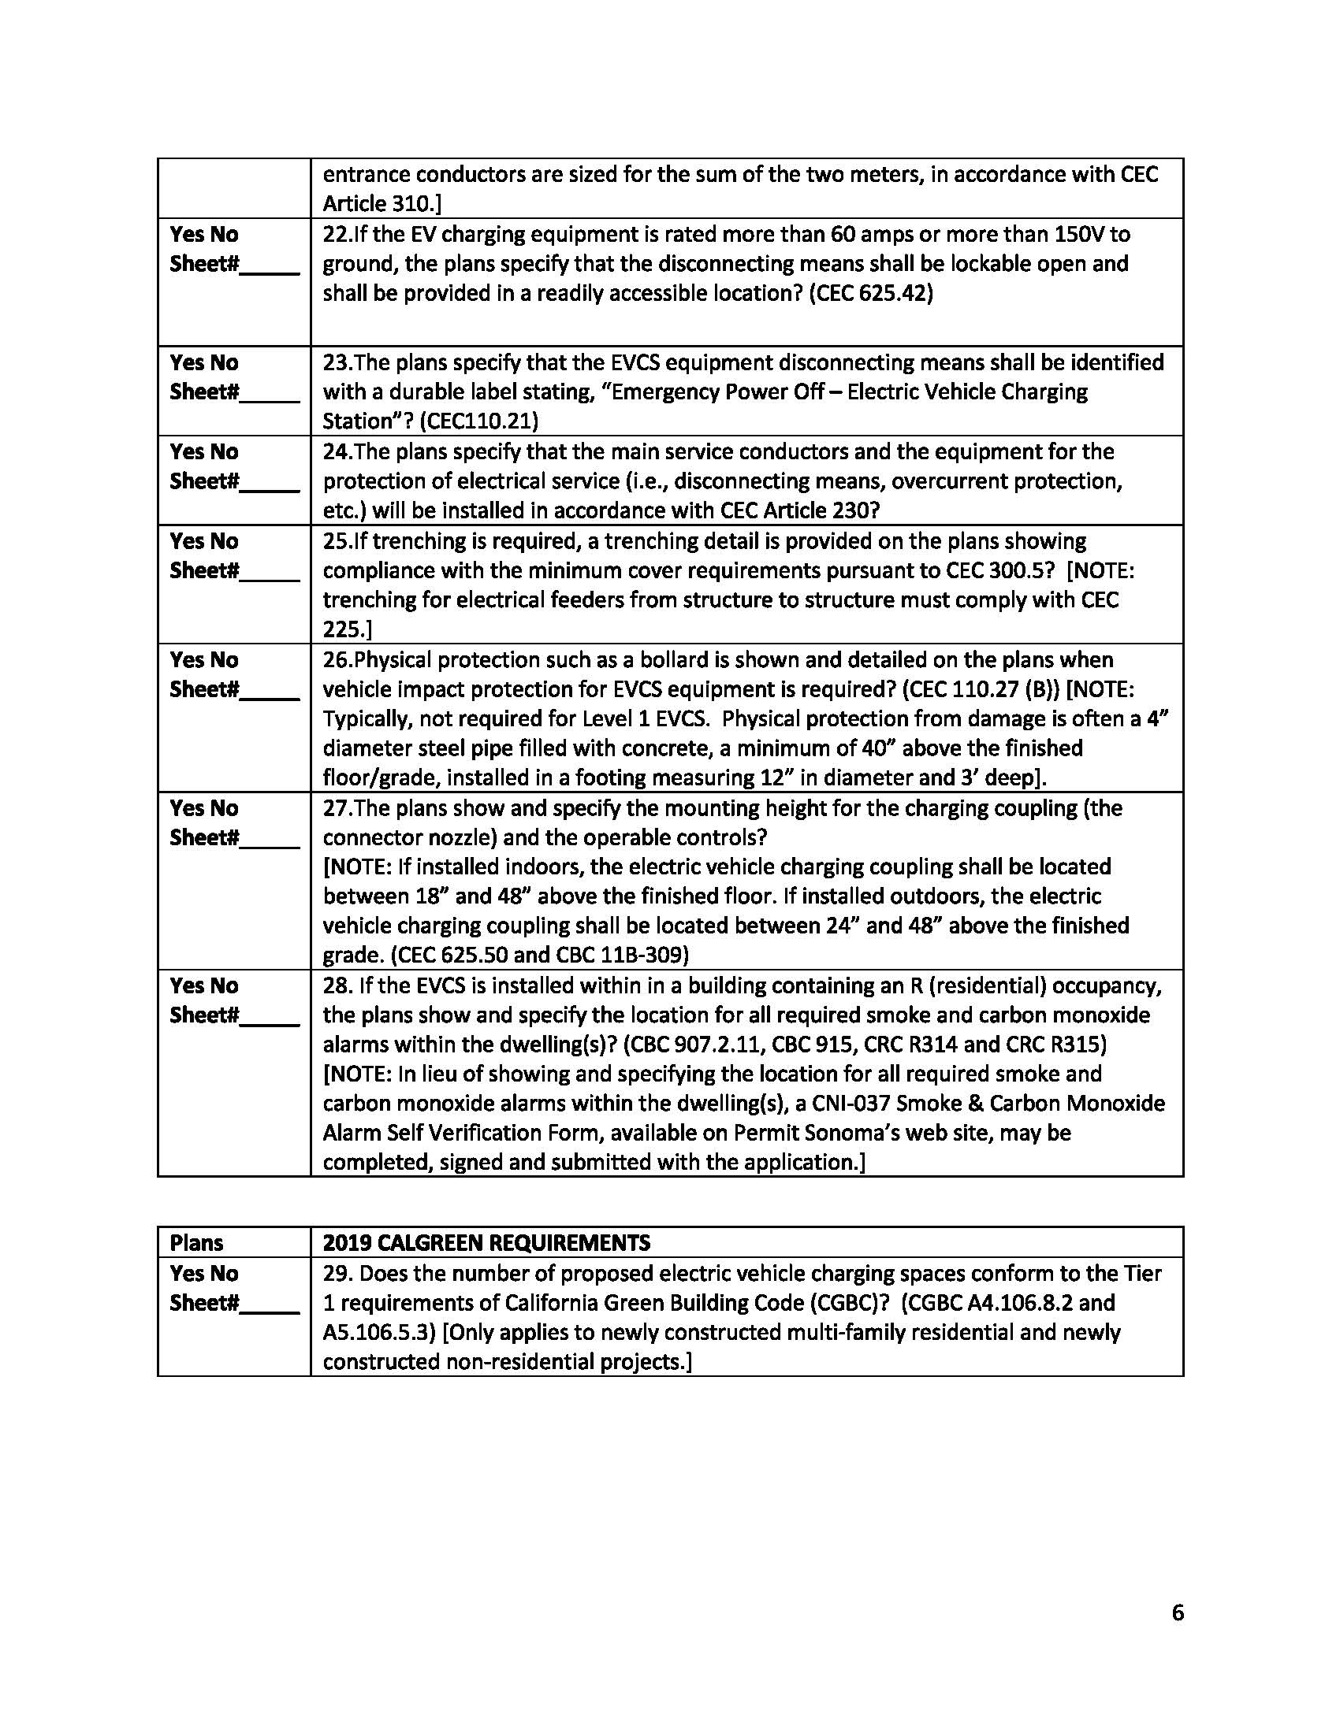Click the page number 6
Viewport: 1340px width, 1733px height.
[1177, 1612]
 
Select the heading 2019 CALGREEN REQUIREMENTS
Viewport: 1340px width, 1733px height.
[486, 1241]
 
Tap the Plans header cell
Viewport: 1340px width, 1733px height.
[196, 1242]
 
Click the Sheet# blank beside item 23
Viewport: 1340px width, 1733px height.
[270, 393]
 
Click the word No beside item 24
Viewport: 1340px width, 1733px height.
[225, 451]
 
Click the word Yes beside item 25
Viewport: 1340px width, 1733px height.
[187, 541]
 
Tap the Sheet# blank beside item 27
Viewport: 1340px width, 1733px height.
[270, 838]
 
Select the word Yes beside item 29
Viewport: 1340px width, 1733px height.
[187, 1274]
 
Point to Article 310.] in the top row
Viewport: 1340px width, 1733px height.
[382, 204]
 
